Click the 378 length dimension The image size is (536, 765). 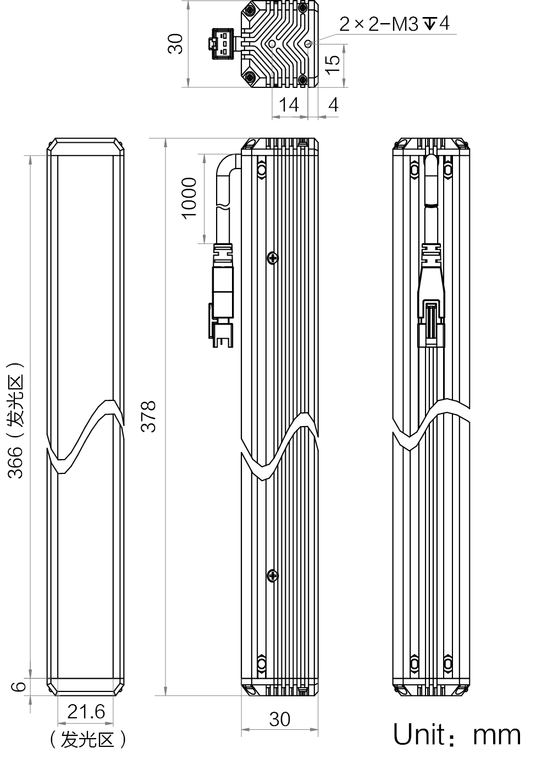[148, 416]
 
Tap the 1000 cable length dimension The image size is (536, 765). [189, 198]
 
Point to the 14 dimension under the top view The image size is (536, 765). [289, 104]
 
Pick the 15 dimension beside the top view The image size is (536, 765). [332, 65]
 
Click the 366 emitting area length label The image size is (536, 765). [16, 421]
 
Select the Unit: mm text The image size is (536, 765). [457, 734]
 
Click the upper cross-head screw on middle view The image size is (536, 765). [273, 258]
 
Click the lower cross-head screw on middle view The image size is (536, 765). [273, 576]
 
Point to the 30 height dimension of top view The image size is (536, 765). [176, 43]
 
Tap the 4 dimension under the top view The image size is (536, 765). [333, 104]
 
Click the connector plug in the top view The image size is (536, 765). [221, 43]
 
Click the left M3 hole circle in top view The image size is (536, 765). [272, 44]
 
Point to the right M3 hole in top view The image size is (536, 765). [308, 43]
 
